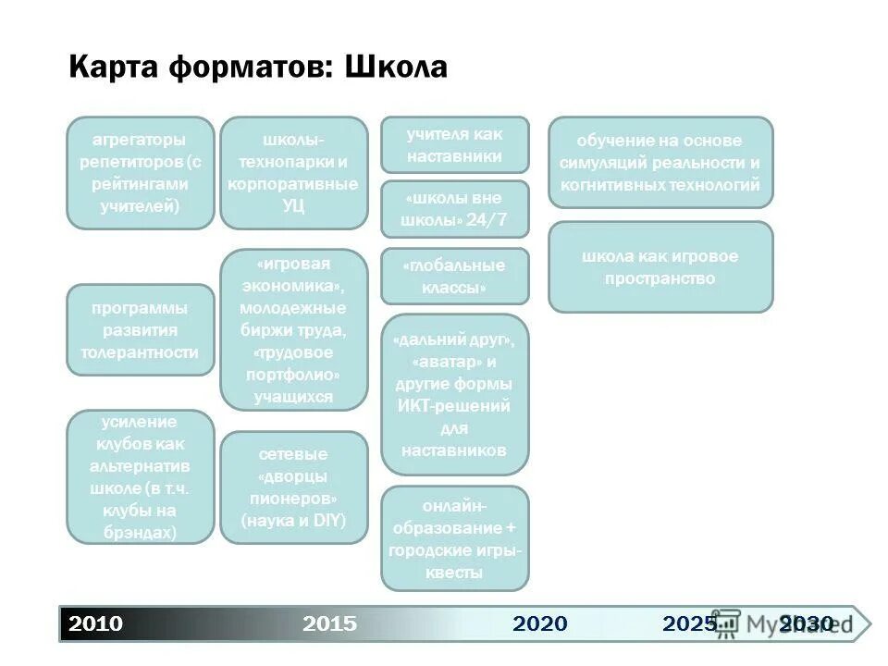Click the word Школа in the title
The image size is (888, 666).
396,67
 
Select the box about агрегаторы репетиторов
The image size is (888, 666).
140,173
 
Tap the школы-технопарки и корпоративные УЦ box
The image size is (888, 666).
293,173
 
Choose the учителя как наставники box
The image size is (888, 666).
454,144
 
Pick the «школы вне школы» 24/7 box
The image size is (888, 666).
454,209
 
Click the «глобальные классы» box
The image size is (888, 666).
454,277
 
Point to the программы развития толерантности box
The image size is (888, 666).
140,329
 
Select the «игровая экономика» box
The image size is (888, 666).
293,329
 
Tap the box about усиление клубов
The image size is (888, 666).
140,476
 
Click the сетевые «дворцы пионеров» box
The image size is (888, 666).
293,487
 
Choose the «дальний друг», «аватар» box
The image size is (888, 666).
454,395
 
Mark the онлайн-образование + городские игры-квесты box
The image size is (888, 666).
454,538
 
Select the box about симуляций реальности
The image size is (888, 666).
660,162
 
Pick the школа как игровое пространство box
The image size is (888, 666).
660,266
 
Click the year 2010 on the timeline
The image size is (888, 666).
96,623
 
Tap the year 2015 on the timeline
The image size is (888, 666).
329,623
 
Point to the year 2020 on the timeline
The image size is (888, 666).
540,623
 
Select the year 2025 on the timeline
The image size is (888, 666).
689,623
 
